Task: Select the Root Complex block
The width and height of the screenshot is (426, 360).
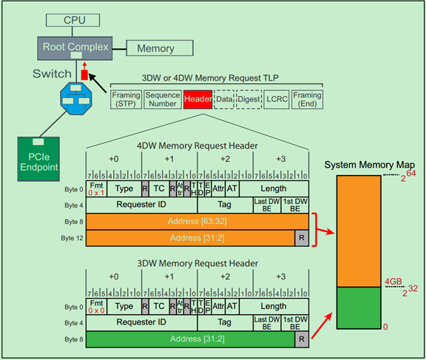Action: [75, 47]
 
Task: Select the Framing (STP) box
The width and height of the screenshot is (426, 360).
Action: [126, 100]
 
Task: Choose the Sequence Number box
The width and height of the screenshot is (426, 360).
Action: [162, 100]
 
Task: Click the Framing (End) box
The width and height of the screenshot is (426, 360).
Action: [307, 100]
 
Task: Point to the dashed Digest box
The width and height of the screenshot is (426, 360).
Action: [248, 100]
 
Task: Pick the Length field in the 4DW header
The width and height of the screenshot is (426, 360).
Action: [281, 189]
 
